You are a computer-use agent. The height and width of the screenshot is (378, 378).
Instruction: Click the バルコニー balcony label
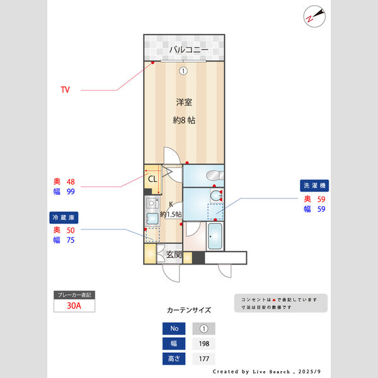184,50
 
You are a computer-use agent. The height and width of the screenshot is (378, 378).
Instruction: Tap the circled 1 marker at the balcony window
183,71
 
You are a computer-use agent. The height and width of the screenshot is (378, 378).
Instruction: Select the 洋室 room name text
183,101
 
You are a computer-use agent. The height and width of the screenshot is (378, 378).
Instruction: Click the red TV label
65,90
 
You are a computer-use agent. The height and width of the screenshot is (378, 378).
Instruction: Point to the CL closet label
152,179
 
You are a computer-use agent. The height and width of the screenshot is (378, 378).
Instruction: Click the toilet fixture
214,175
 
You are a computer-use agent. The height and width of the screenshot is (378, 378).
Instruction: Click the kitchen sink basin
152,219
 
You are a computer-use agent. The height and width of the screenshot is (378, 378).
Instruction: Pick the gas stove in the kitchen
151,203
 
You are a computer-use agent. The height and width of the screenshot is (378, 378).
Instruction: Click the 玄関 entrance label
174,255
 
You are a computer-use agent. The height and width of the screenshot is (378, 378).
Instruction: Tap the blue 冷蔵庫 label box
64,217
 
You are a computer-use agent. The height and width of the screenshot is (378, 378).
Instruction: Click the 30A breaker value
74,306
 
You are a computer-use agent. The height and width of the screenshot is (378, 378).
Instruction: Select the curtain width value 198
203,344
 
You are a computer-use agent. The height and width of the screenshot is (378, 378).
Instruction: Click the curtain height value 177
203,359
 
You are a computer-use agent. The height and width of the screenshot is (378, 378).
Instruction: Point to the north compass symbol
313,16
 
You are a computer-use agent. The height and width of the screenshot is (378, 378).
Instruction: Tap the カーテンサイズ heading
189,311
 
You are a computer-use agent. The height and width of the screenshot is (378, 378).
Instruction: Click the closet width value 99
71,192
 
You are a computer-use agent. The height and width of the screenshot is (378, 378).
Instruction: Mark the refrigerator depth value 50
71,230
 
